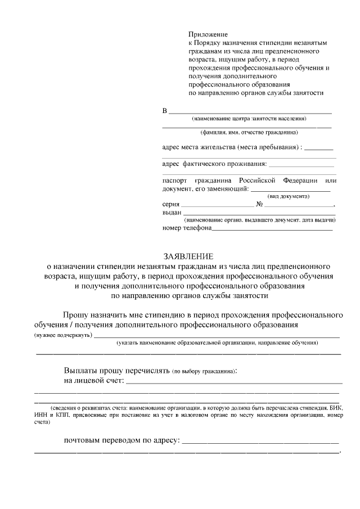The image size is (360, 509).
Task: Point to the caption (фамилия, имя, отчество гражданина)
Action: coord(249,133)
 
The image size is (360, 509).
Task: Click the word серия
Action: coord(170,205)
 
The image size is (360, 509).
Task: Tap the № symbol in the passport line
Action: coord(260,205)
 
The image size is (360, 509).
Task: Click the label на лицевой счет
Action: coord(93,381)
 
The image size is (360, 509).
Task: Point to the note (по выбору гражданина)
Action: coord(204,371)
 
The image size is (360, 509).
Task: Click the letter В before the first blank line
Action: coord(165,110)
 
